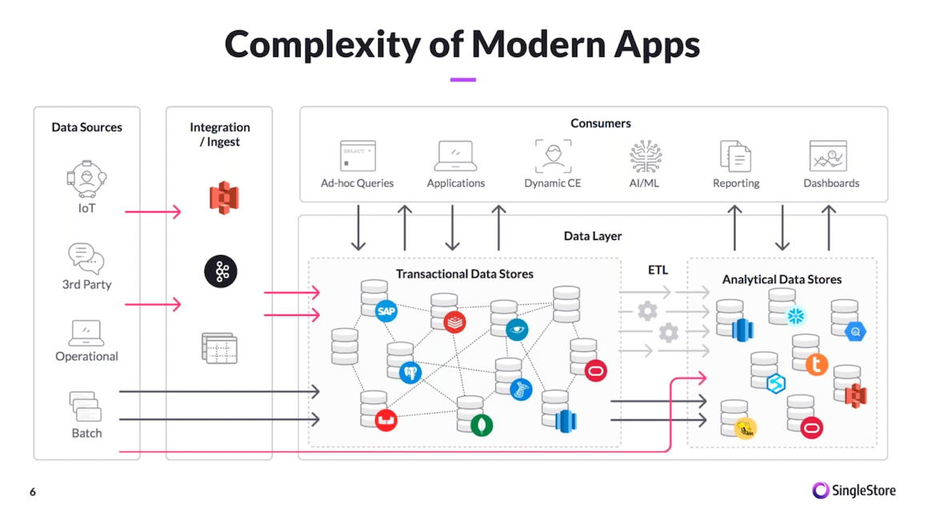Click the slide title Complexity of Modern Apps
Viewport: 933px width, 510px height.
[462, 44]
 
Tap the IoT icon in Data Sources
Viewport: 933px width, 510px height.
[87, 179]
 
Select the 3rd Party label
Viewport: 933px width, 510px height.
[87, 284]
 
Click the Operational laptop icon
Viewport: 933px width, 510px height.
[87, 333]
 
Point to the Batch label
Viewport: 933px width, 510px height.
[87, 433]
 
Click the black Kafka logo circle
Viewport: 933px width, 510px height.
[220, 272]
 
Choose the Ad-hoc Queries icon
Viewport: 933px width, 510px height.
[357, 156]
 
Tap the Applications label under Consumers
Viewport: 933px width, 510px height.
[455, 183]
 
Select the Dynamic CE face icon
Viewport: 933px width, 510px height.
[553, 156]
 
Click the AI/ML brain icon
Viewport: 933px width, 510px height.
[646, 156]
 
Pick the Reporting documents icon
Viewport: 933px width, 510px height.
[735, 156]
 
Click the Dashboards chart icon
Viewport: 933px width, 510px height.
[828, 156]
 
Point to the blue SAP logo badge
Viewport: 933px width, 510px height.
[386, 310]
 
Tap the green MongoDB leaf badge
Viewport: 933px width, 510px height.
[481, 424]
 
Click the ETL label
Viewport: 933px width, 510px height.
[658, 270]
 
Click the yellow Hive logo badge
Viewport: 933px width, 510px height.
[745, 428]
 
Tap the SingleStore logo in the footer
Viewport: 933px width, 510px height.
[854, 490]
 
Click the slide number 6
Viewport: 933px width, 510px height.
[33, 492]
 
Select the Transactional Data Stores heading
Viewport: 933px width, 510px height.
[464, 274]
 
